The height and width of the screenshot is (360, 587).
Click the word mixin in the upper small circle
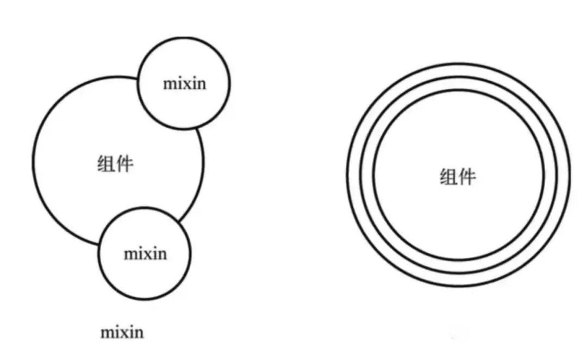click(185, 84)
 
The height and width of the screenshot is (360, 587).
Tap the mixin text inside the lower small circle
click(145, 253)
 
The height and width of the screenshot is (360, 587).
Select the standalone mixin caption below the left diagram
click(122, 332)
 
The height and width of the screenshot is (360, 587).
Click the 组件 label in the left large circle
click(115, 163)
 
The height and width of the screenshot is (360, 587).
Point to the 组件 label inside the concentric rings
click(458, 177)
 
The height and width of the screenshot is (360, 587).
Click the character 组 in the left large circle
click(106, 163)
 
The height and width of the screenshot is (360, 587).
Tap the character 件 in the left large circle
click(124, 163)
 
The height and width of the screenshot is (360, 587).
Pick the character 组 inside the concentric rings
click(448, 177)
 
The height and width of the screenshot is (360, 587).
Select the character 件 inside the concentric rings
click(467, 177)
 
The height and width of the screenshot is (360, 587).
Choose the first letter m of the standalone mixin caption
click(107, 332)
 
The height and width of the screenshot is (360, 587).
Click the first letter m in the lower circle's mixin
click(130, 254)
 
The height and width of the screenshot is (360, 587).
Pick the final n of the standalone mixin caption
click(139, 332)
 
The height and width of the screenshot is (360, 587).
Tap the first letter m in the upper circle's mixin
click(170, 85)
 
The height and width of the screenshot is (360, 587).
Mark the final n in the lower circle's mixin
click(162, 254)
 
